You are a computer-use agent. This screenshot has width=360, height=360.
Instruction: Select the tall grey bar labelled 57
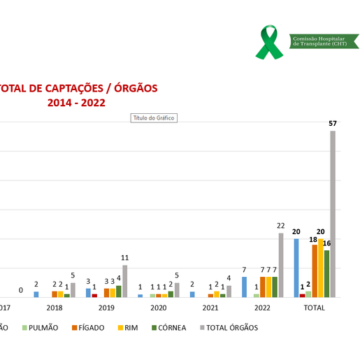pyautogui.click(x=333, y=214)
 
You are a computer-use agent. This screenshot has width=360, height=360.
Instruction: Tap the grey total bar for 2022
pyautogui.click(x=281, y=265)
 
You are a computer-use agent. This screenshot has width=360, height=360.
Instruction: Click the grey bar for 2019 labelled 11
pyautogui.click(x=125, y=281)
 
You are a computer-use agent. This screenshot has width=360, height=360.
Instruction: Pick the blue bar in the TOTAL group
pyautogui.click(x=296, y=268)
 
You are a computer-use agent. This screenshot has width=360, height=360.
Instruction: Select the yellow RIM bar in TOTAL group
pyautogui.click(x=321, y=268)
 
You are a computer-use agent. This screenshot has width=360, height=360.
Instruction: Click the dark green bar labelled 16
pyautogui.click(x=326, y=273)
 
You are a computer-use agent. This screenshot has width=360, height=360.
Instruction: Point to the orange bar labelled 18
pyautogui.click(x=315, y=271)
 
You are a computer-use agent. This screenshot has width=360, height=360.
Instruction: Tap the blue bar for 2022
pyautogui.click(x=244, y=287)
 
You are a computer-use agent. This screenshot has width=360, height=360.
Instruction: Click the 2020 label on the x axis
pyautogui.click(x=158, y=308)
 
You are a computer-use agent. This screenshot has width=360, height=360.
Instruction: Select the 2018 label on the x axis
pyautogui.click(x=54, y=308)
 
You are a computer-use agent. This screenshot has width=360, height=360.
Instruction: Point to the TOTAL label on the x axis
pyautogui.click(x=315, y=308)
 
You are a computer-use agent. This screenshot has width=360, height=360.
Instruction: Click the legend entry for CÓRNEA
pyautogui.click(x=168, y=327)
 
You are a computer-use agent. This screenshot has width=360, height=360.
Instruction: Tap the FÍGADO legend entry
pyautogui.click(x=89, y=327)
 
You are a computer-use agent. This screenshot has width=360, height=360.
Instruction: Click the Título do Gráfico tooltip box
pyautogui.click(x=154, y=118)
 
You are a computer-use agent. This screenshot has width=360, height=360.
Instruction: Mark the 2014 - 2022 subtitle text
pyautogui.click(x=76, y=103)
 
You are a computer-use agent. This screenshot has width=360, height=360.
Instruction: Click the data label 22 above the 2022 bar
pyautogui.click(x=280, y=226)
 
